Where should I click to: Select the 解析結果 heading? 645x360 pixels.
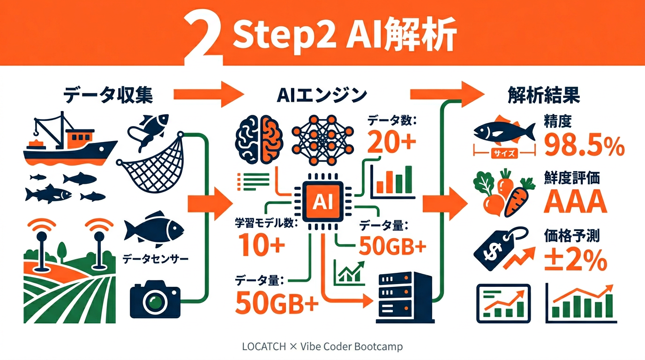(x=544, y=96)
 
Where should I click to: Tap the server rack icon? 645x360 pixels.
(x=404, y=298)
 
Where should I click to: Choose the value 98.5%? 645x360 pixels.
(x=584, y=146)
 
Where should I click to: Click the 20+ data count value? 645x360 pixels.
(x=391, y=143)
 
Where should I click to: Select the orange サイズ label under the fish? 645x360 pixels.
(x=504, y=152)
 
